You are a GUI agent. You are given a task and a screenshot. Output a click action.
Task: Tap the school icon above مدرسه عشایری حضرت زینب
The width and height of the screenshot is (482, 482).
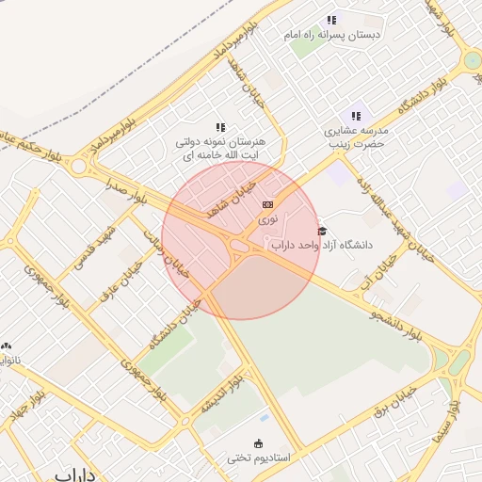(x=356, y=115)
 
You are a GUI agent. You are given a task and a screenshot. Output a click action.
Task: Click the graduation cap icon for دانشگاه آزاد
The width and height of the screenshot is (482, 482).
(x=322, y=231)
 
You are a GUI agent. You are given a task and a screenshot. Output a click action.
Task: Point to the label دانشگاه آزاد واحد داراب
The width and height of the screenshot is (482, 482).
(x=322, y=245)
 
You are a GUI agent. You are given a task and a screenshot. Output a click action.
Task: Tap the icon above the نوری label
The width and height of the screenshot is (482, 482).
(x=268, y=203)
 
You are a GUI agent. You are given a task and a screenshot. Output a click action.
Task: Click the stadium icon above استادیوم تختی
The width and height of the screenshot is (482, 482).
(x=259, y=443)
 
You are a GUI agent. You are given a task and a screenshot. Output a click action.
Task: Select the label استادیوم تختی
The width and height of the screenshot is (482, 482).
(x=259, y=458)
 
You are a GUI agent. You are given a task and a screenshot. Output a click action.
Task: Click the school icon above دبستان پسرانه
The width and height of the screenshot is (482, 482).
(x=331, y=20)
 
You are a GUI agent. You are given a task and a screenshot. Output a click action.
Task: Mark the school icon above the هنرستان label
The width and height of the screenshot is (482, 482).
(x=220, y=127)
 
